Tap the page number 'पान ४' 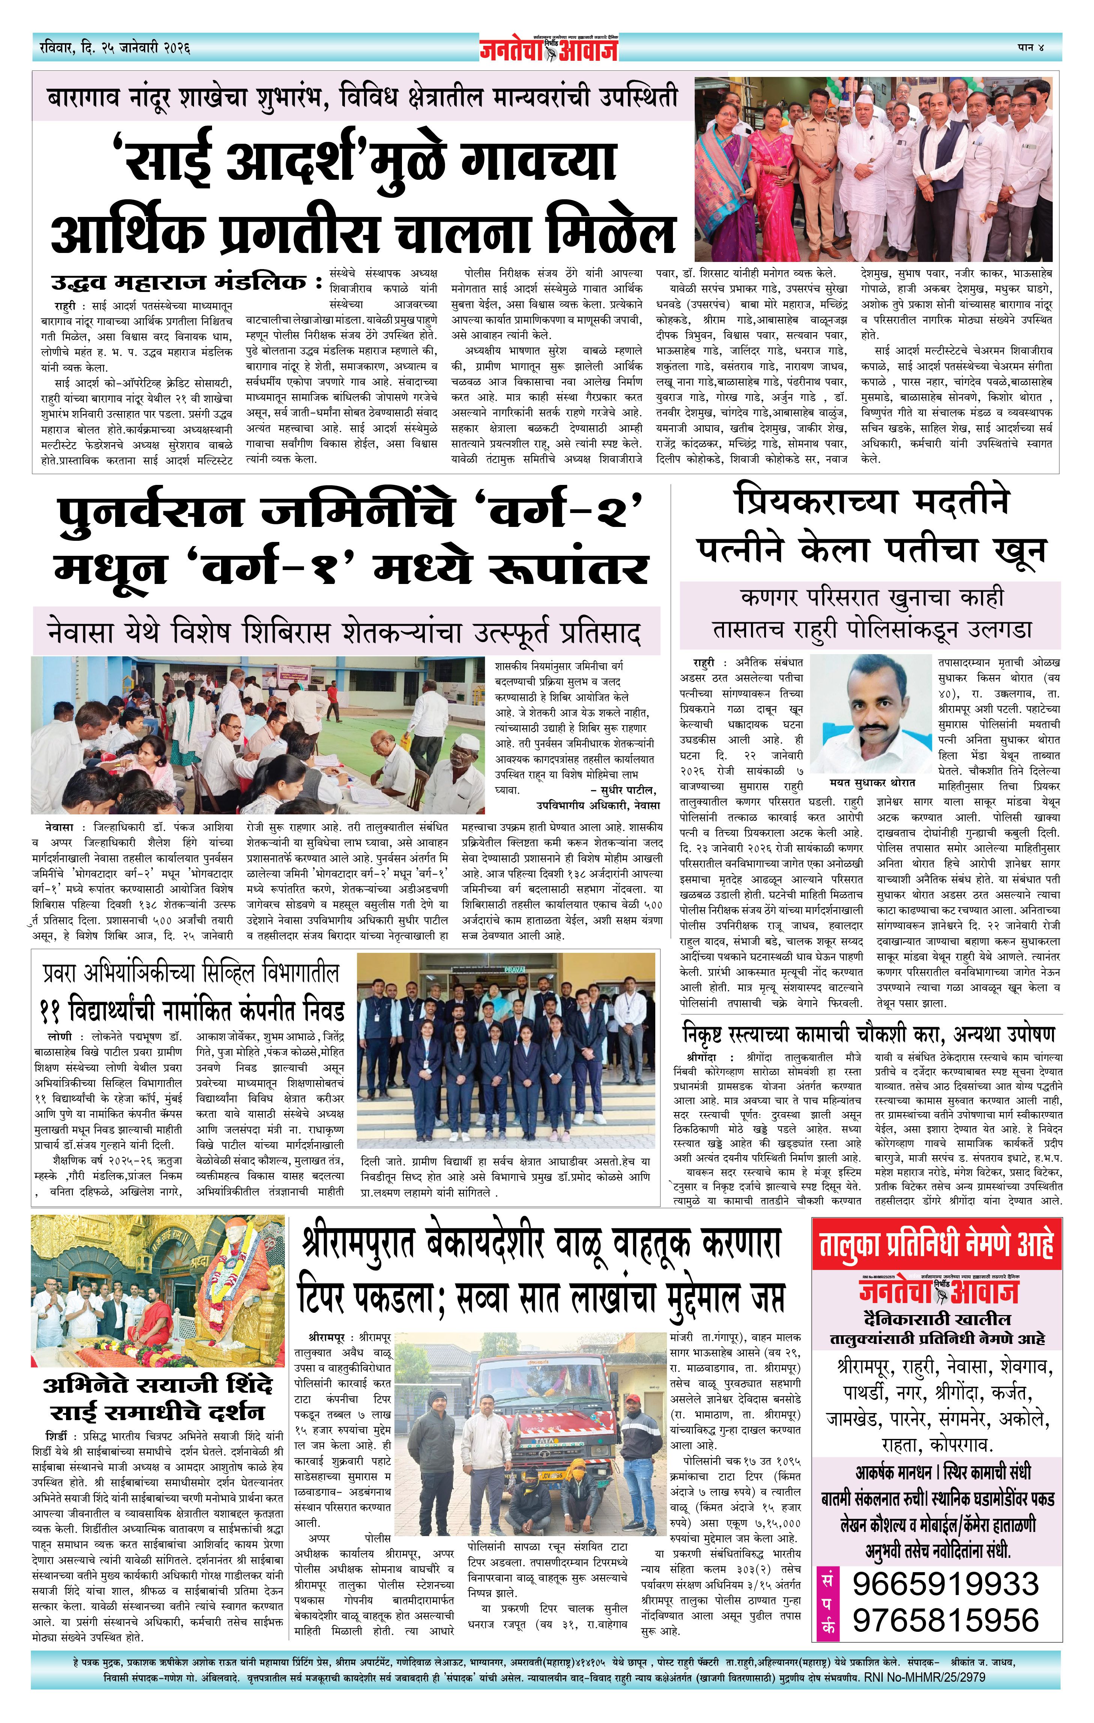[x=1030, y=48]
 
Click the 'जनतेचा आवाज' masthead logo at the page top [x=548, y=49]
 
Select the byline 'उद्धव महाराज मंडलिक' [x=179, y=281]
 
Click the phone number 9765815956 [x=945, y=1619]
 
